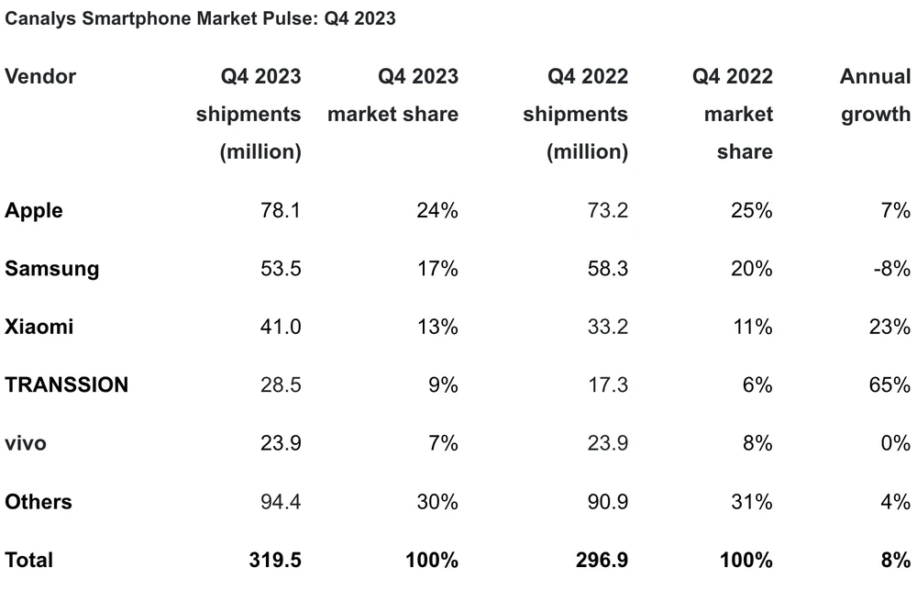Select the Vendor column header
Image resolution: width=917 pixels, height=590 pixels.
coord(40,76)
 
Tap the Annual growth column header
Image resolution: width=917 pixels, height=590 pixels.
coord(875,95)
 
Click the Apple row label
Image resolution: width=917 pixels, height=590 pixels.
coord(34,210)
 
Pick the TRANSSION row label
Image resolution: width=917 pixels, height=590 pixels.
coord(66,384)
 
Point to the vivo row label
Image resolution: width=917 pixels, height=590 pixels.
coord(26,443)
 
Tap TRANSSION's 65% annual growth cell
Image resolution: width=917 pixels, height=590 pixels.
coord(889,384)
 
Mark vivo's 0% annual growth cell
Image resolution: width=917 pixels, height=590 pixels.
coord(894,443)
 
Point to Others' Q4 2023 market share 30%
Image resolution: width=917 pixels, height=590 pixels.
coord(436,502)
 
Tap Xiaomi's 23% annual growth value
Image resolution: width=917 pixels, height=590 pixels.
coord(889,327)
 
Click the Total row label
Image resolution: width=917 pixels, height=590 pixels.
coord(29,560)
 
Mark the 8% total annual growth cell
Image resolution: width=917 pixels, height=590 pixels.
coord(894,560)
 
